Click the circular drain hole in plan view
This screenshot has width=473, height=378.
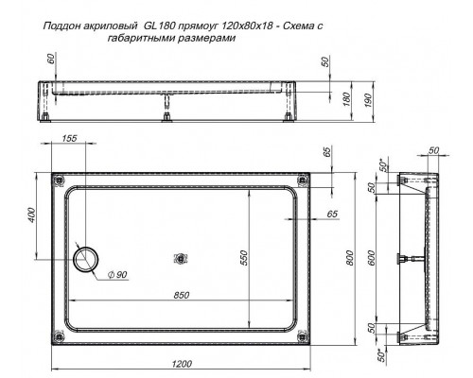[91, 257]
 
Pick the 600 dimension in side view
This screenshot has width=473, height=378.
[372, 258]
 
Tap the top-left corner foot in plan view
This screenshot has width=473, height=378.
[61, 178]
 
